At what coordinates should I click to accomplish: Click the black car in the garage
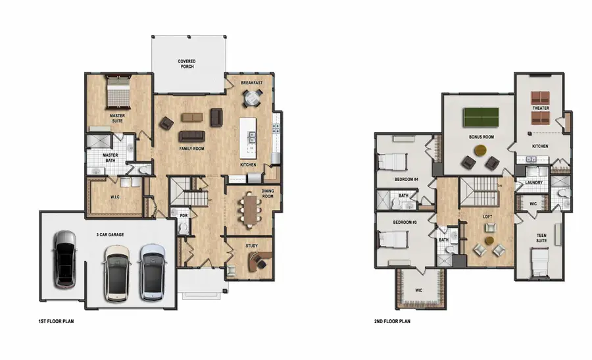pos(65,259)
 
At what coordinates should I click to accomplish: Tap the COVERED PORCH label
pos(186,64)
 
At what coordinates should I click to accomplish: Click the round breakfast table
pos(252,98)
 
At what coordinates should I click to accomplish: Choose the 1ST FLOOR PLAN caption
pos(56,322)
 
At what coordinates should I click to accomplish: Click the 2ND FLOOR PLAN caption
pos(393,322)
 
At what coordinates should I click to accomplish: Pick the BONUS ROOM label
pos(481,138)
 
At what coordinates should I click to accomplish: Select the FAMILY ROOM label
pos(191,149)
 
